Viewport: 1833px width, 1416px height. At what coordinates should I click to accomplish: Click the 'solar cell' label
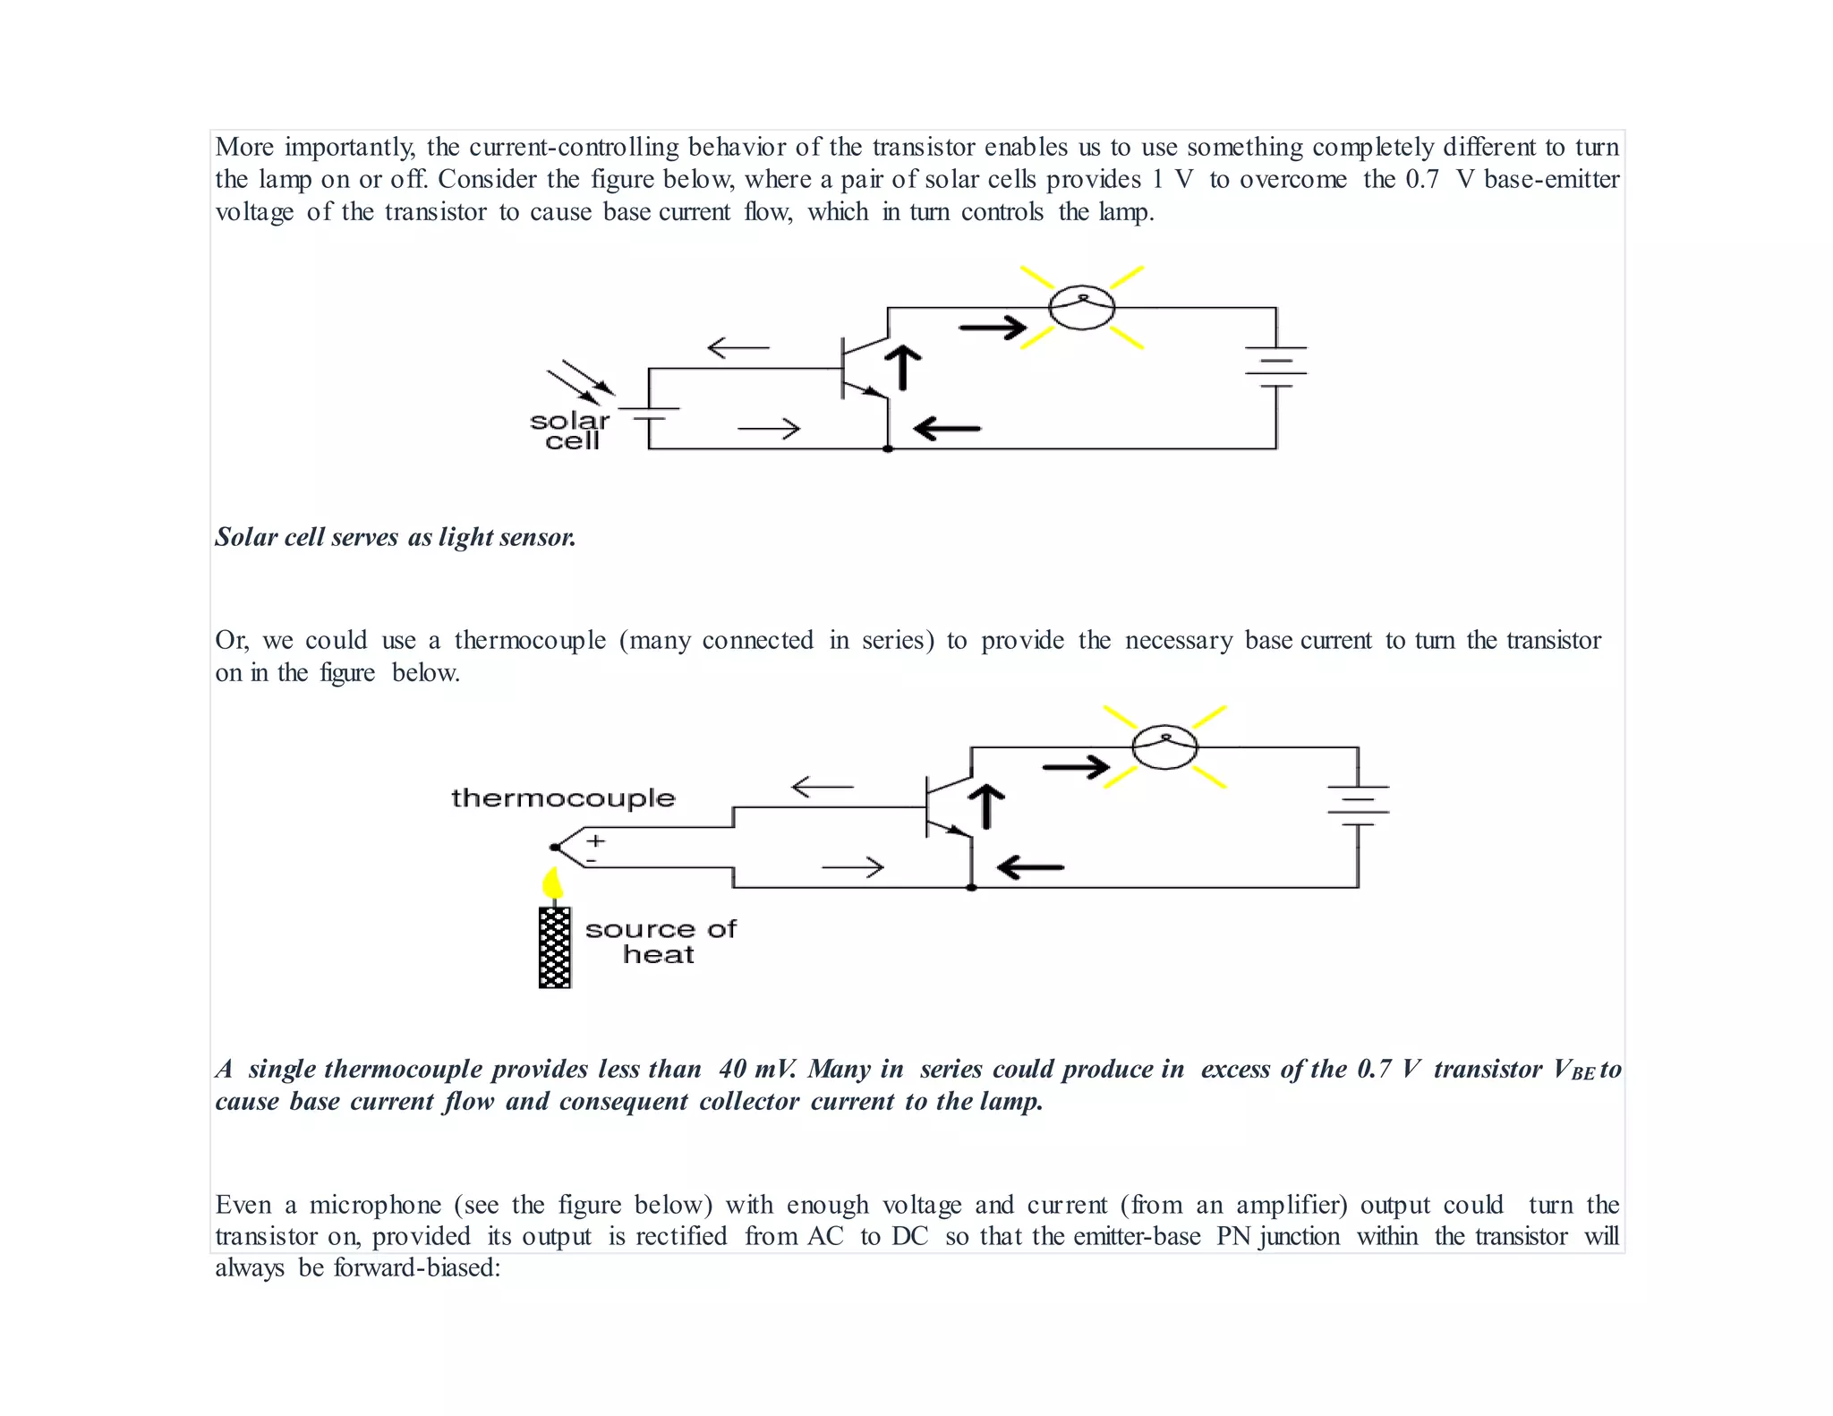click(x=569, y=431)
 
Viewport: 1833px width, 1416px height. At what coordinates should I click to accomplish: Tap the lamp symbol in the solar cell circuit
click(x=1081, y=308)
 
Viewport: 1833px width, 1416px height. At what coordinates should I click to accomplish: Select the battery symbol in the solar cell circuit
click(x=1275, y=367)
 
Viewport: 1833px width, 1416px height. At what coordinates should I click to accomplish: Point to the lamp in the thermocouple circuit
click(x=1164, y=746)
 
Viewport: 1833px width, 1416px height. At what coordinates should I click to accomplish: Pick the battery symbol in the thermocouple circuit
click(x=1358, y=806)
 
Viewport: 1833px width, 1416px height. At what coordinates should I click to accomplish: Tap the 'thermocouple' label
click(x=563, y=798)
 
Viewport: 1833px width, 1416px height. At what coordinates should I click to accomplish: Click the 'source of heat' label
click(x=661, y=942)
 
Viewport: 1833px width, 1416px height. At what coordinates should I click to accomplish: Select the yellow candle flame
click(x=553, y=884)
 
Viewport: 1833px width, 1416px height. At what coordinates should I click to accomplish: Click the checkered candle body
click(x=555, y=947)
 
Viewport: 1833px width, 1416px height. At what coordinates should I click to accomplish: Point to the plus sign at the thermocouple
click(x=596, y=840)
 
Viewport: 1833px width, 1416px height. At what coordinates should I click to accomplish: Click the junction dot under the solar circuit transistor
click(x=888, y=448)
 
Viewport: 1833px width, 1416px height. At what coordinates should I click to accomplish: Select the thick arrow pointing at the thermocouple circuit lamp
click(x=1076, y=767)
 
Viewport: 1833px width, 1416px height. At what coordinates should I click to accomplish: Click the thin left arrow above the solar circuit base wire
click(x=738, y=347)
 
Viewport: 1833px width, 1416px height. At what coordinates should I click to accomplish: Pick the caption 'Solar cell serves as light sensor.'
click(x=396, y=537)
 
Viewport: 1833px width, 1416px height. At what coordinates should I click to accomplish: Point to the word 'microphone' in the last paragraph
click(x=375, y=1205)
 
